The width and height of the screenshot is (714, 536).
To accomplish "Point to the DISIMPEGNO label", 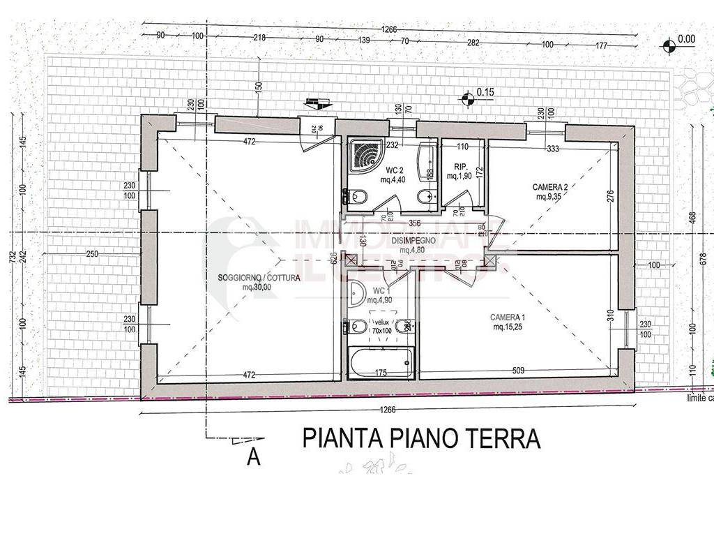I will [x=413, y=241].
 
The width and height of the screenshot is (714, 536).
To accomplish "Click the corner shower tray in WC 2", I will [x=365, y=154].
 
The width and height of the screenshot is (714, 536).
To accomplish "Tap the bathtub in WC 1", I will [x=380, y=363].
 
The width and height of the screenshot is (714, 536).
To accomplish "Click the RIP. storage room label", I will [x=460, y=172].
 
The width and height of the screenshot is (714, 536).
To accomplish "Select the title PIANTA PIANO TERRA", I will [x=422, y=438].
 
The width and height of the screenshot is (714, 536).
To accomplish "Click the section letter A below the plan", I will [x=254, y=457].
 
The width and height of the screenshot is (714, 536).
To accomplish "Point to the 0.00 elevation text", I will [x=687, y=39].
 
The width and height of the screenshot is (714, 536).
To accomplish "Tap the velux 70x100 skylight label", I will [x=381, y=327].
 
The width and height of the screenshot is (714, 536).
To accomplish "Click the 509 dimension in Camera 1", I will [x=519, y=371].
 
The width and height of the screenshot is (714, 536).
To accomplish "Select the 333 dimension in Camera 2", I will [x=554, y=148].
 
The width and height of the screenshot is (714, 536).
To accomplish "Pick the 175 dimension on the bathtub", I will [x=381, y=373].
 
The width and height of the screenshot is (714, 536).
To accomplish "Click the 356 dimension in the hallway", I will [x=415, y=224].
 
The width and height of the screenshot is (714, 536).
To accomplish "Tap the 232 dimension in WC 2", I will [x=392, y=145].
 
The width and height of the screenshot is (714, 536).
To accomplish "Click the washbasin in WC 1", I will [x=358, y=294].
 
